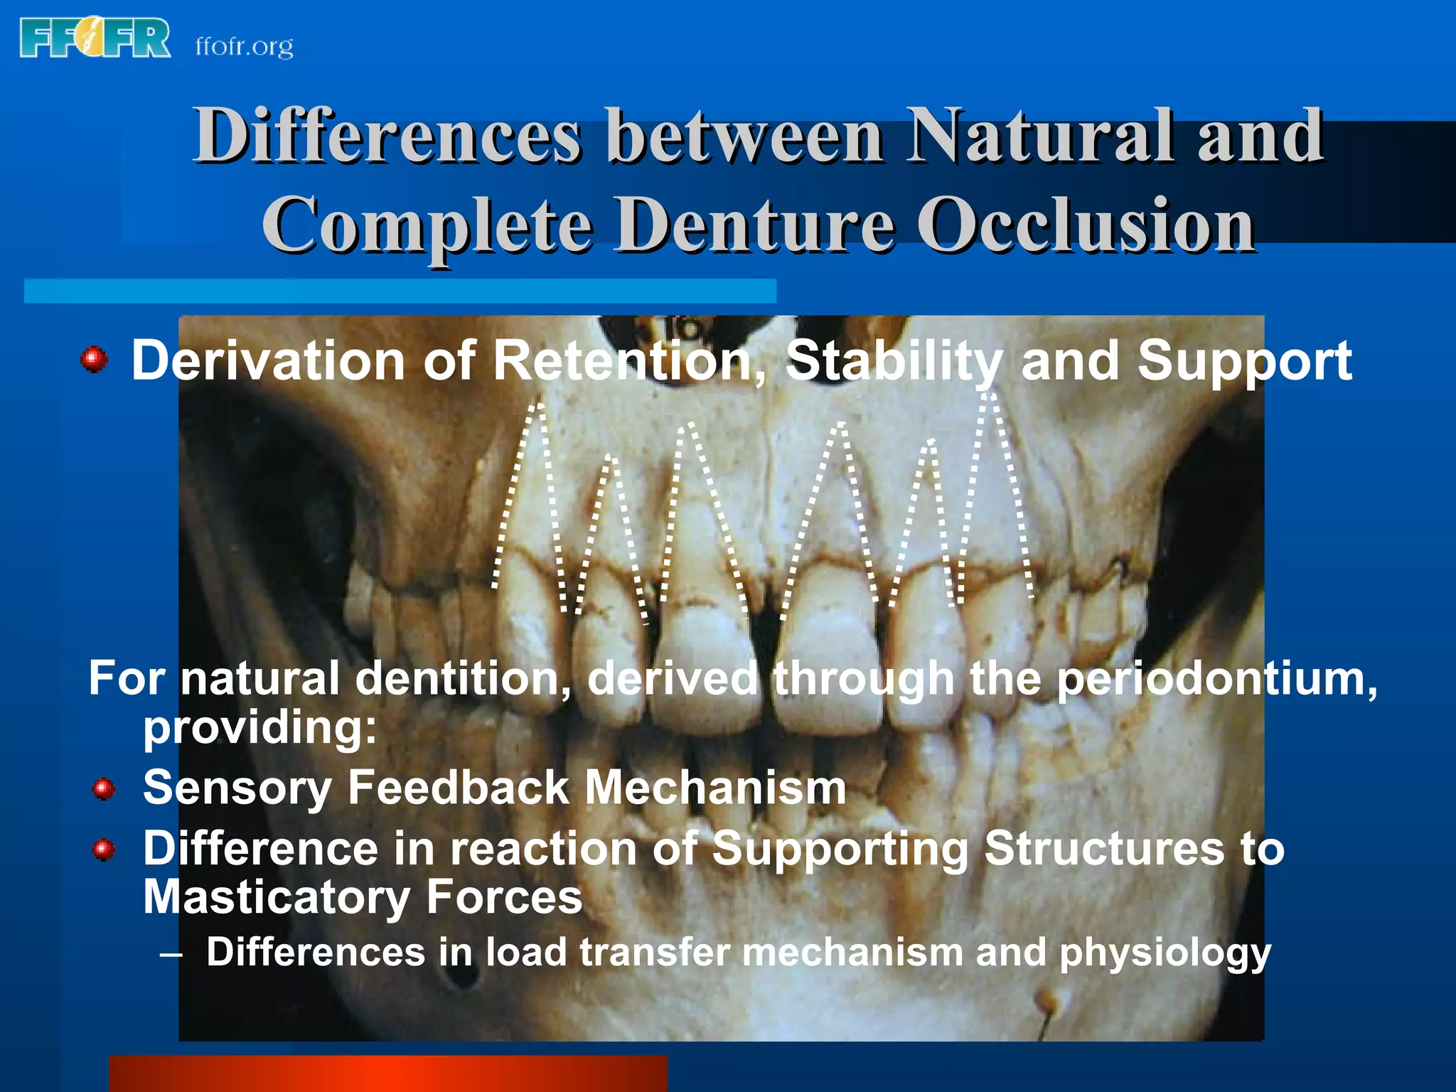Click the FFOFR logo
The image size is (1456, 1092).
[x=95, y=38]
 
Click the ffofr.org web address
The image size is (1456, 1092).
[x=244, y=47]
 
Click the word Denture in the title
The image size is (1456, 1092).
[x=754, y=225]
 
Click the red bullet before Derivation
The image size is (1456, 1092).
[x=94, y=359]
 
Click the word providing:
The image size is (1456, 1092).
[x=259, y=729]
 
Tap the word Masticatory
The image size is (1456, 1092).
[x=276, y=897]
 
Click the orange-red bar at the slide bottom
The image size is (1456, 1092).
[x=387, y=1074]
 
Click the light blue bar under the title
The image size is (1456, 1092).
[x=400, y=291]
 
